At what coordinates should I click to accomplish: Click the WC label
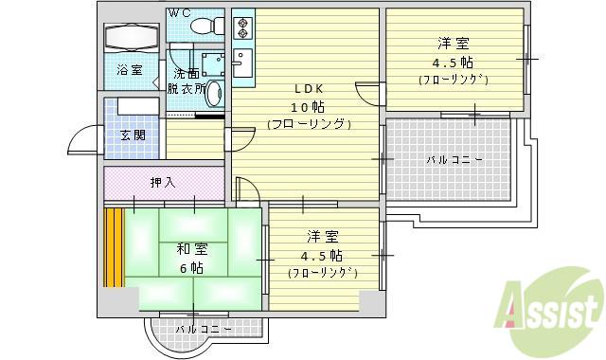click(x=180, y=13)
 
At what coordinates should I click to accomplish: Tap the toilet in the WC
click(x=207, y=26)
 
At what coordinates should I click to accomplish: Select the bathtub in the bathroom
click(x=132, y=38)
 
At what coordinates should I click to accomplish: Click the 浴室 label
click(x=130, y=70)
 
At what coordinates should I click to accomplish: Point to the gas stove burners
click(x=242, y=27)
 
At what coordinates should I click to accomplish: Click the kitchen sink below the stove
click(x=243, y=63)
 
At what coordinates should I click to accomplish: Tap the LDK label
click(x=310, y=89)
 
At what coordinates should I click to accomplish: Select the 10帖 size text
click(x=308, y=107)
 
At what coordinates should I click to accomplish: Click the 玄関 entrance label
click(x=133, y=135)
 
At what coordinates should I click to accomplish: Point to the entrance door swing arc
click(x=80, y=136)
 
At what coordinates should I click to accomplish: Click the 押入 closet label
click(x=163, y=182)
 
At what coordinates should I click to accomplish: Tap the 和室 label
click(x=192, y=249)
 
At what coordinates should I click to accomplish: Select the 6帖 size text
click(x=191, y=267)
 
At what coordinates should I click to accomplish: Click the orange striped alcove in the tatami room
click(x=114, y=247)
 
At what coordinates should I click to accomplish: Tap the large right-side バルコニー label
click(x=454, y=159)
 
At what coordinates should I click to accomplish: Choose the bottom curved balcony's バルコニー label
click(x=205, y=330)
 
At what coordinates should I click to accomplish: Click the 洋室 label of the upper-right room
click(x=454, y=44)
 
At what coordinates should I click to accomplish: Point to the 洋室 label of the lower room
click(x=323, y=237)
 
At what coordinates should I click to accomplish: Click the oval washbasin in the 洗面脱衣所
click(x=213, y=94)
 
